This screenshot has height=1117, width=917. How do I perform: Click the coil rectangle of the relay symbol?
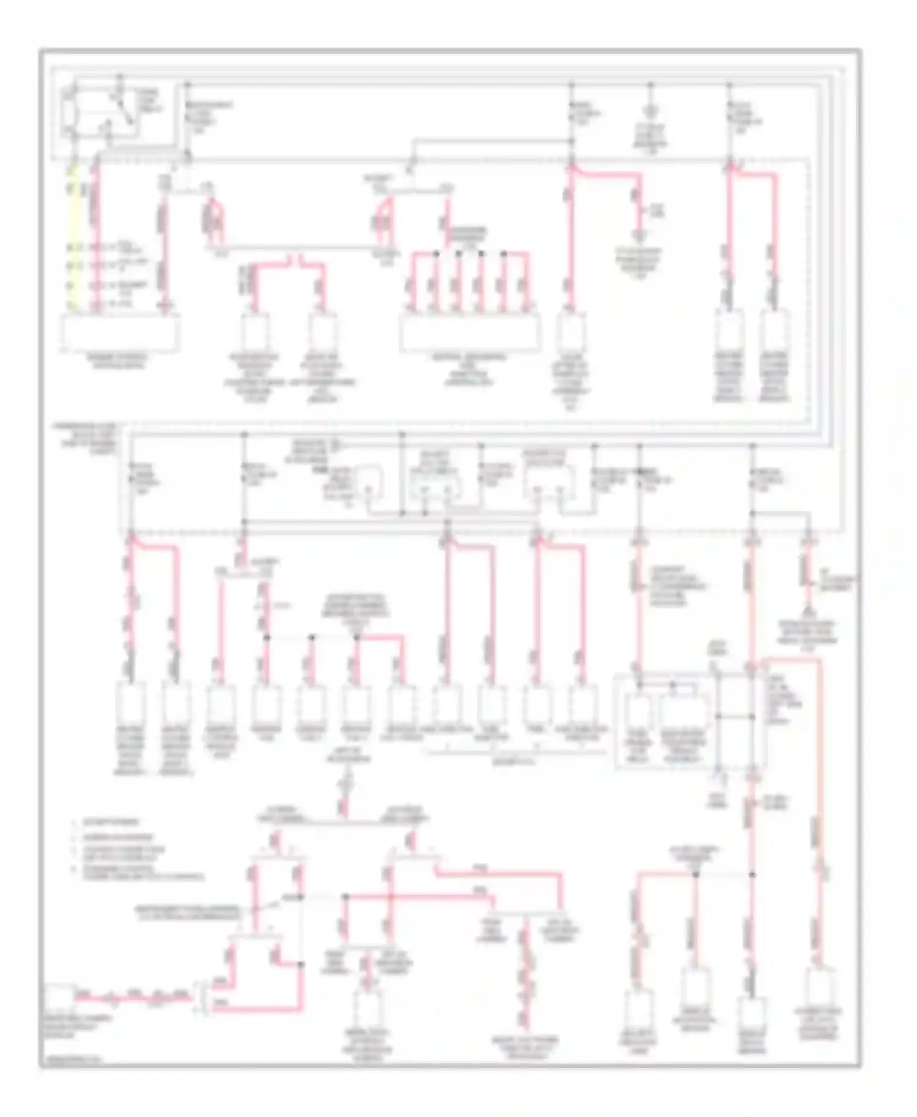click(71, 112)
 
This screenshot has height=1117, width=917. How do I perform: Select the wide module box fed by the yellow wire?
click(120, 333)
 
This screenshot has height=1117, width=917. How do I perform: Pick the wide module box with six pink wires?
click(470, 333)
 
